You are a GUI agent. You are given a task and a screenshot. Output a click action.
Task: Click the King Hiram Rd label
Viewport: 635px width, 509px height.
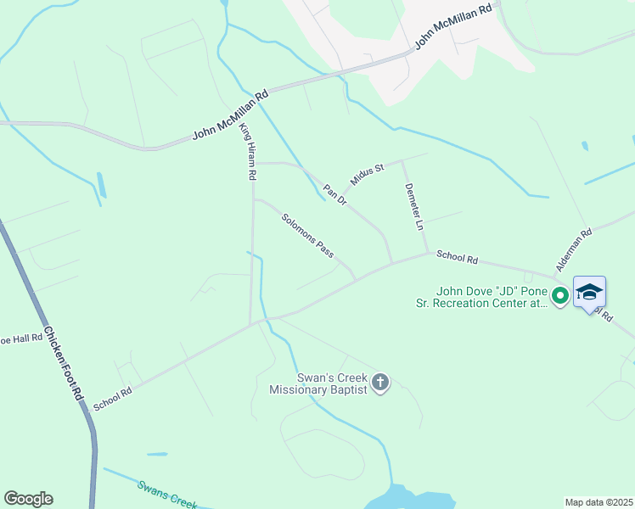[247, 151]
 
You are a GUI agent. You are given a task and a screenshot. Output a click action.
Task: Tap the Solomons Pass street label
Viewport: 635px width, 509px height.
[307, 234]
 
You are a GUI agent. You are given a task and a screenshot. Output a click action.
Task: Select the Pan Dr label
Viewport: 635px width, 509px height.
[334, 194]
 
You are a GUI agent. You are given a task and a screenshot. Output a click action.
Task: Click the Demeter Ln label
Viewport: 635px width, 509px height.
[413, 206]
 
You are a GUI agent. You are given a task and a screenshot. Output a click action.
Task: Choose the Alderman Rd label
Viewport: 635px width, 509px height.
[573, 249]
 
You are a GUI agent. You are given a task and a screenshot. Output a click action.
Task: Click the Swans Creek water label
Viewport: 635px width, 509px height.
[168, 493]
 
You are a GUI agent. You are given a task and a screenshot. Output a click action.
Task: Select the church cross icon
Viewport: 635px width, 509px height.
[379, 383]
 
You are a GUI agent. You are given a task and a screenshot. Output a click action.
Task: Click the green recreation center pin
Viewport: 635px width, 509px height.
[559, 296]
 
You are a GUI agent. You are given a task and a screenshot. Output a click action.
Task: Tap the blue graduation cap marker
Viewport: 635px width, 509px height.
[589, 293]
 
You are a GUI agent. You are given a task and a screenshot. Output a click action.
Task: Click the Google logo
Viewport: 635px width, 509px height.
[28, 499]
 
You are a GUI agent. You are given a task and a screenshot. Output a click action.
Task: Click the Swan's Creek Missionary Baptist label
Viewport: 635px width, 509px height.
[317, 383]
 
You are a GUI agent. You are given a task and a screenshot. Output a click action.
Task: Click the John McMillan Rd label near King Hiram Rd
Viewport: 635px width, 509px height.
[229, 117]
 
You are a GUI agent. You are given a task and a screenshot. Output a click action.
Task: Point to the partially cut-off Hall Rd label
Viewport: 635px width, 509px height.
[20, 338]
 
